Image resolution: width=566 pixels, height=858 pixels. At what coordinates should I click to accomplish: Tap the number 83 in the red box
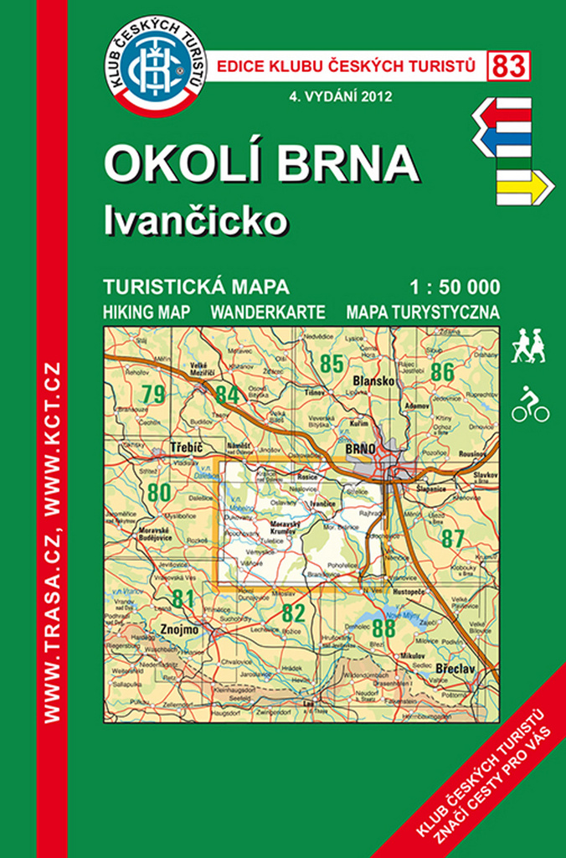508,65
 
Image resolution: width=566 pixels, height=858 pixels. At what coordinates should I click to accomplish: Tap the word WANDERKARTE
267,312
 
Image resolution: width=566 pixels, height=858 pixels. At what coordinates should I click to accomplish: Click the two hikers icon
529,345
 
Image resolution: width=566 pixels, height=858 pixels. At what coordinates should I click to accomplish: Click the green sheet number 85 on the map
332,363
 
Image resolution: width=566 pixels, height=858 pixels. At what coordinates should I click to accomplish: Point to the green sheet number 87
452,539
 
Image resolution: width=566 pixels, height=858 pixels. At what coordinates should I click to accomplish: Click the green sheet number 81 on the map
183,598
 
